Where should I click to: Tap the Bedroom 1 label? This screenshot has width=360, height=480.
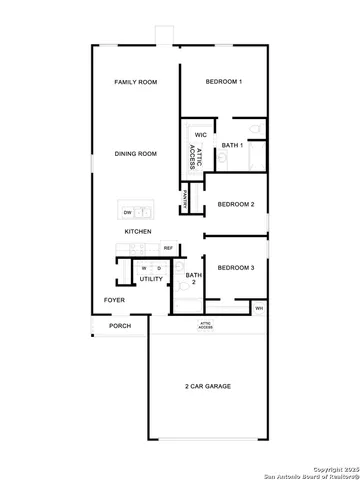pyautogui.click(x=223, y=81)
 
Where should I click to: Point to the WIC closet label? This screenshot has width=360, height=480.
pyautogui.click(x=200, y=134)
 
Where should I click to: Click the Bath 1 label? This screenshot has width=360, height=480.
pyautogui.click(x=232, y=147)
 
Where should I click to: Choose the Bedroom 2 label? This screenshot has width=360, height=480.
pyautogui.click(x=236, y=204)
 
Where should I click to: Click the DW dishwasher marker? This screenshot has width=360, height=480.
pyautogui.click(x=127, y=212)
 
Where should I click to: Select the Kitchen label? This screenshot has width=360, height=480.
pyautogui.click(x=138, y=232)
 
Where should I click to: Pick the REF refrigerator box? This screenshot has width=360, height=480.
pyautogui.click(x=168, y=247)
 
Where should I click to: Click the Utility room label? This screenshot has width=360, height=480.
pyautogui.click(x=151, y=279)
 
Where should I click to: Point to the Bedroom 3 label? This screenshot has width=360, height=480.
pyautogui.click(x=236, y=267)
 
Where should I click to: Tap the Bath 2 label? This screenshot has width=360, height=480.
pyautogui.click(x=193, y=278)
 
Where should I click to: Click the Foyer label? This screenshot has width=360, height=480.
pyautogui.click(x=115, y=299)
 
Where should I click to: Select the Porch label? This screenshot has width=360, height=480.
pyautogui.click(x=120, y=326)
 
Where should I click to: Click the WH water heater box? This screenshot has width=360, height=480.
pyautogui.click(x=259, y=308)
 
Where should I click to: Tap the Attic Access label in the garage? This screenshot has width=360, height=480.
pyautogui.click(x=205, y=326)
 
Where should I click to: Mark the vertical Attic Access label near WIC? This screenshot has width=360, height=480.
pyautogui.click(x=191, y=155)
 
